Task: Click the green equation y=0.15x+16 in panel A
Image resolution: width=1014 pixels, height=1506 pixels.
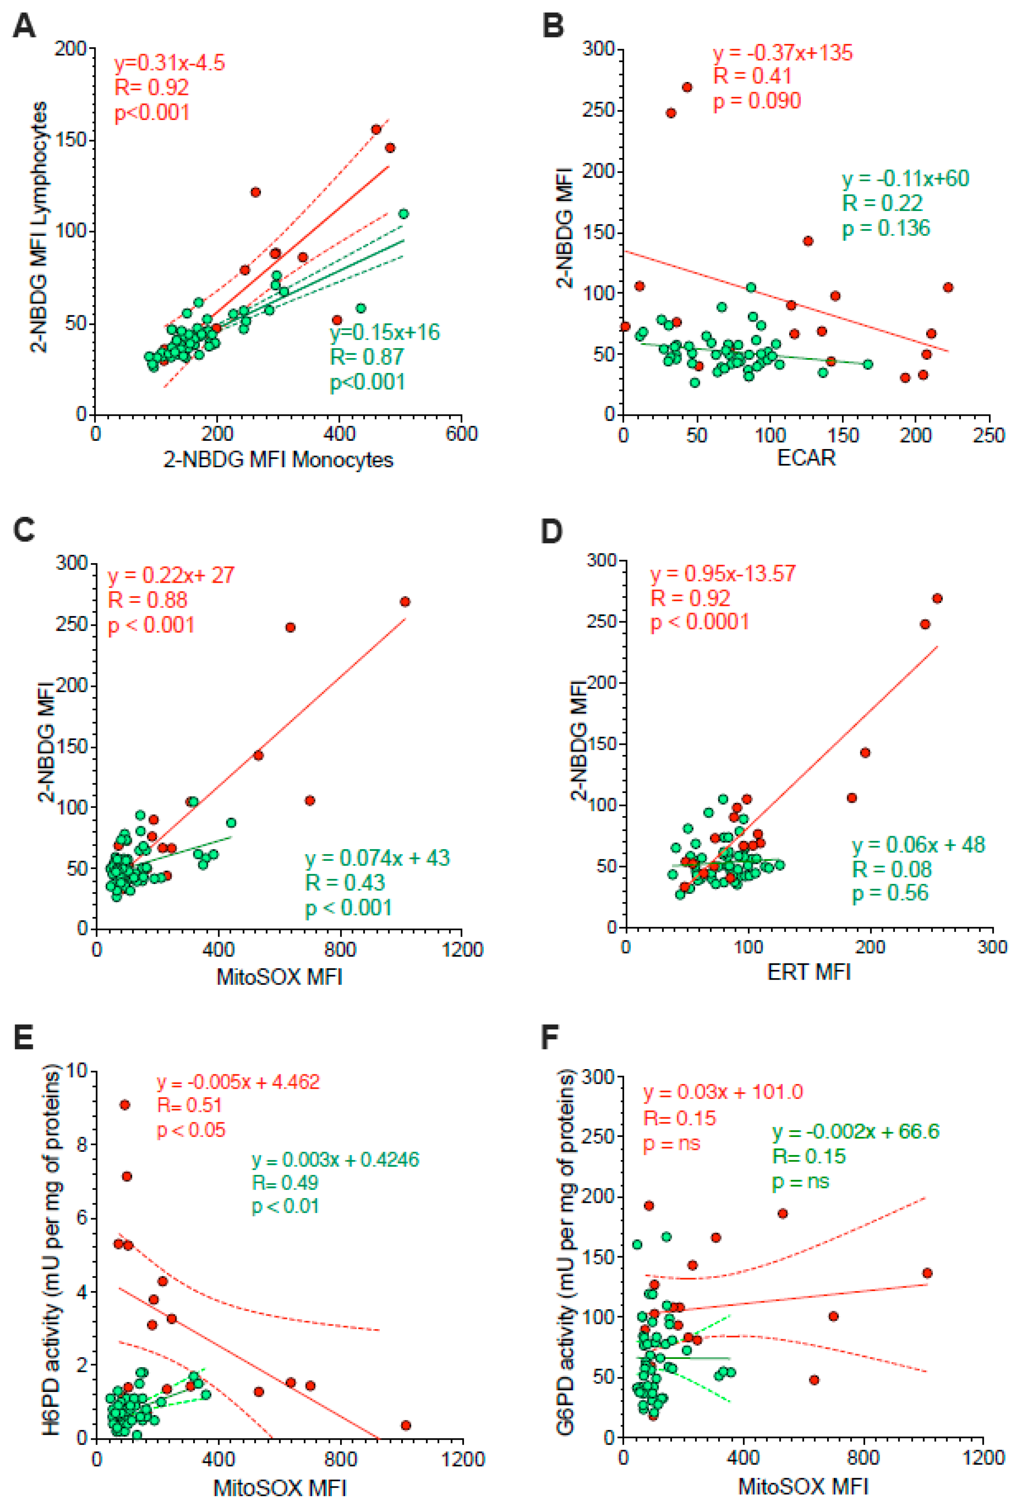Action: point(385,332)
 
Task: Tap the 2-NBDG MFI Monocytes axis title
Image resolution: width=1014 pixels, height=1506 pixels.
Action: point(278,460)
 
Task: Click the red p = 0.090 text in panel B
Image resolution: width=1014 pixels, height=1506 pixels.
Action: point(757,101)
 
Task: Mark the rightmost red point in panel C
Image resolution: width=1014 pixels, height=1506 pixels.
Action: point(405,602)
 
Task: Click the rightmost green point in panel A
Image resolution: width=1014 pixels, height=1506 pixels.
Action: point(404,214)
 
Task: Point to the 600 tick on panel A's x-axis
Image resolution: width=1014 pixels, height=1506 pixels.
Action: point(462,434)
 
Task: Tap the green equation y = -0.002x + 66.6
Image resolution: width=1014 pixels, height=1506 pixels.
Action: point(855,1131)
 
